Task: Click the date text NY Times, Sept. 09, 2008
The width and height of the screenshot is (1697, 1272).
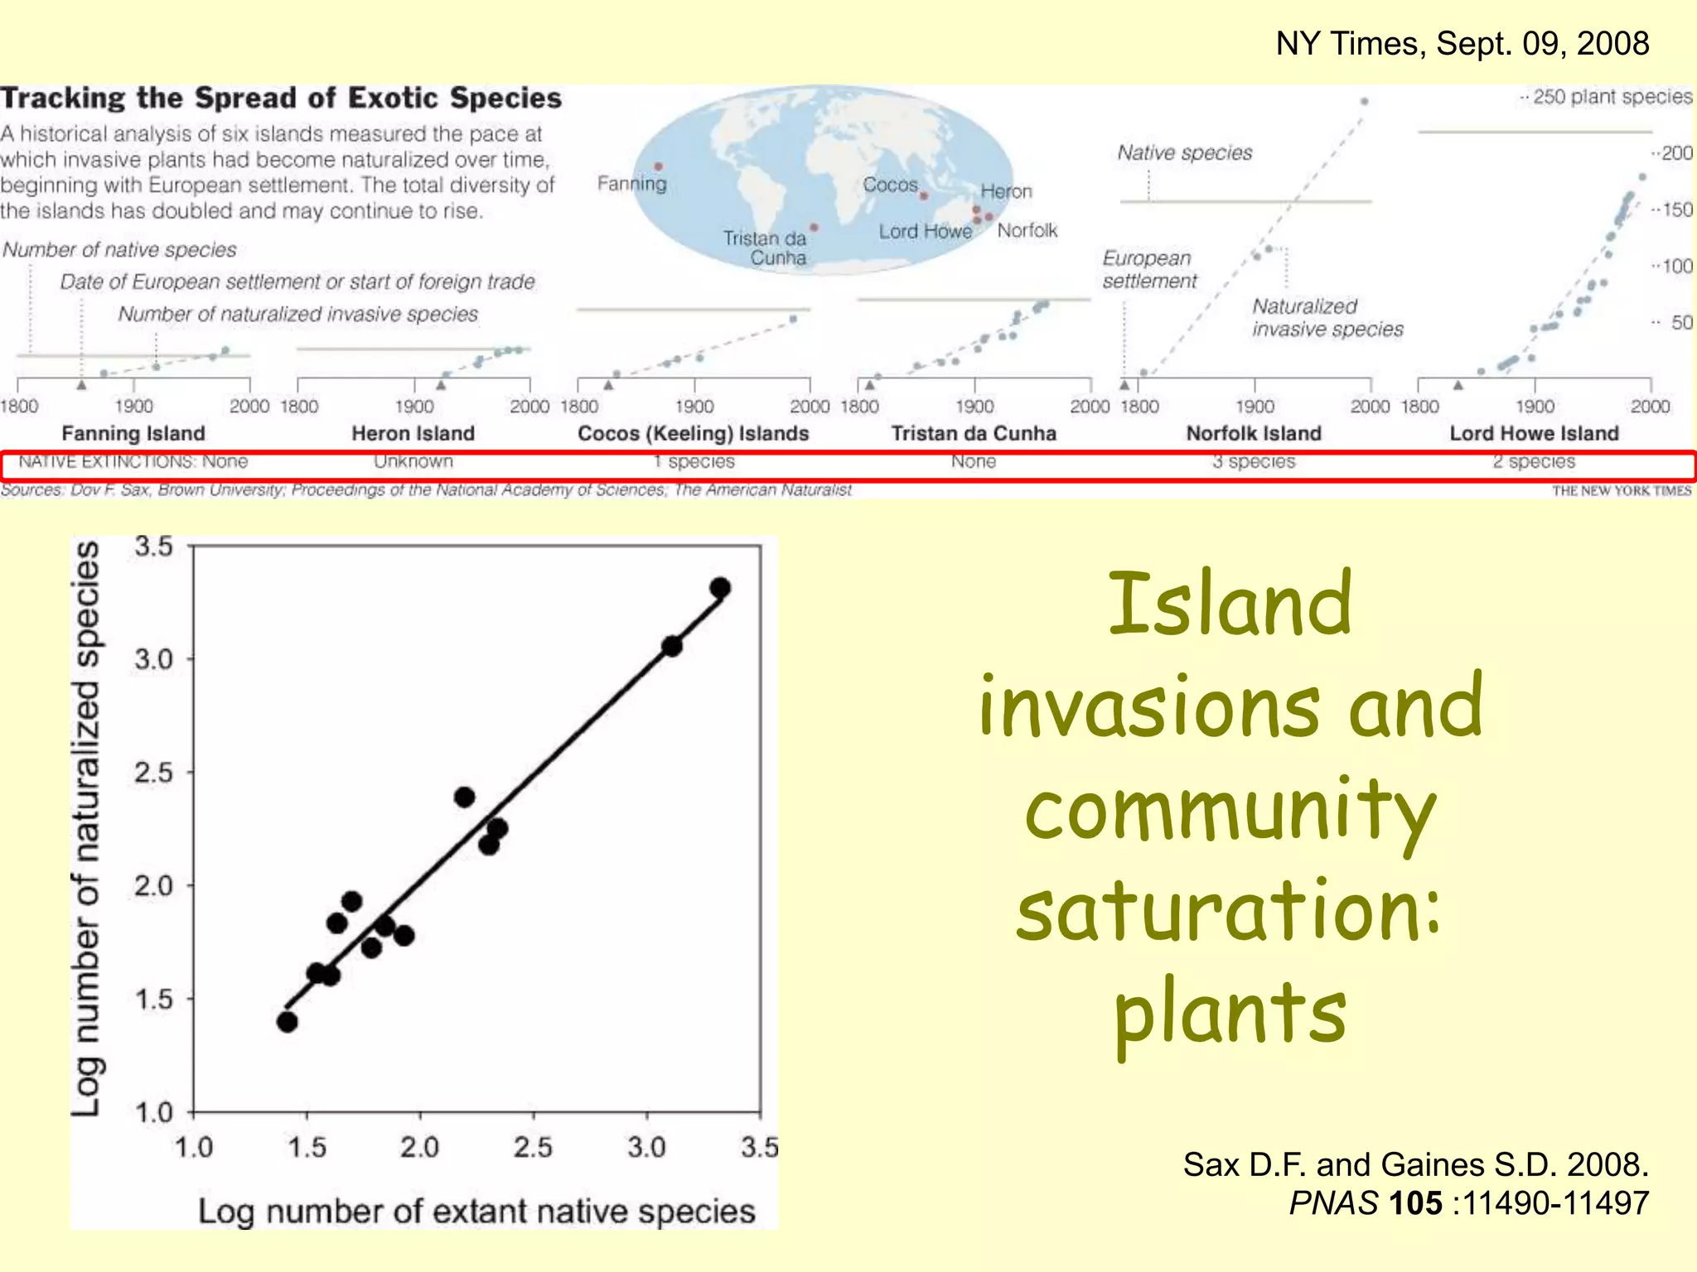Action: (x=1462, y=43)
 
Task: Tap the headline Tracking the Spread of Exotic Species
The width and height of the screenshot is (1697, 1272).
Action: (x=281, y=98)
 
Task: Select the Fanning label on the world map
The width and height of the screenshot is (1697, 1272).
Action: (x=631, y=183)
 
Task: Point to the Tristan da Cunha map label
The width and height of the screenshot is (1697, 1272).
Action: (x=765, y=248)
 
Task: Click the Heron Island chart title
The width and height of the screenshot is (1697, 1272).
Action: (x=413, y=433)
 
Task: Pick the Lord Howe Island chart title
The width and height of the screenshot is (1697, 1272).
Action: (x=1534, y=433)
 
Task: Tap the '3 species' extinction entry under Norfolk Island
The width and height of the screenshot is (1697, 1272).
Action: (x=1254, y=461)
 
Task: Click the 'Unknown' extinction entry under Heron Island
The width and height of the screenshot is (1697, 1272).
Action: (x=413, y=461)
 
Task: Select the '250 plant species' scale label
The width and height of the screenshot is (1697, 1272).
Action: (x=1612, y=97)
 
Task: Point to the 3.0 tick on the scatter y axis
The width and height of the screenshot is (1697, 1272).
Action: (x=154, y=659)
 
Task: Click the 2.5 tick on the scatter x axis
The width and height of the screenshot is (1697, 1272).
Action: (x=532, y=1147)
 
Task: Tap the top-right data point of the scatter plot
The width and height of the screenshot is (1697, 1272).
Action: (x=720, y=588)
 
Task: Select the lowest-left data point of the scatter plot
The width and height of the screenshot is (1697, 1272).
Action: (x=288, y=1022)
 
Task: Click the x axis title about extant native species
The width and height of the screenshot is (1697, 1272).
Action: (x=476, y=1211)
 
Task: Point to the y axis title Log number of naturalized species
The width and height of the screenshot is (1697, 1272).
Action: (x=86, y=828)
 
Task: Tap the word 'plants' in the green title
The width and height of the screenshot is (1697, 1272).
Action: (x=1230, y=1012)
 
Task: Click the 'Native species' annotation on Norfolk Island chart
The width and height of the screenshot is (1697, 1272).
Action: (x=1184, y=152)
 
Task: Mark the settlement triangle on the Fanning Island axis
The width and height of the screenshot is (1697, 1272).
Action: (x=81, y=385)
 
